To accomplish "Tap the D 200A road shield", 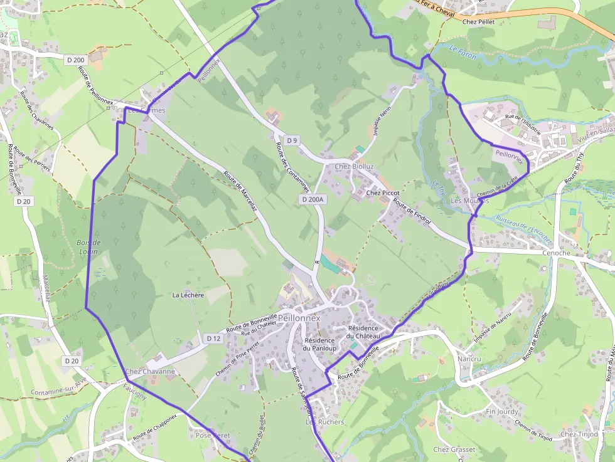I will (x=312, y=199).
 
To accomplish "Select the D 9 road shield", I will (x=291, y=140).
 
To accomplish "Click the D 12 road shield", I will (x=213, y=339).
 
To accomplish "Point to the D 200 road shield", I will (x=75, y=60).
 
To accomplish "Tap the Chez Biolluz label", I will (x=355, y=166).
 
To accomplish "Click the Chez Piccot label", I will (x=383, y=193).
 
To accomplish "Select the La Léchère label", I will (x=188, y=295).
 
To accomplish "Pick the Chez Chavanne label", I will (x=150, y=371).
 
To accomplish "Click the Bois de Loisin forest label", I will (x=89, y=246).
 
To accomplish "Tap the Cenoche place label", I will (x=556, y=253).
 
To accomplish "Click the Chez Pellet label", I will (x=478, y=22).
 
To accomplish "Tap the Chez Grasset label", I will (x=454, y=449).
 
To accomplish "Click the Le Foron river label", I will (x=463, y=51).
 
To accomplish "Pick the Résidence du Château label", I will (x=363, y=332).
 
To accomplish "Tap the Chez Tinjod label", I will (x=579, y=434).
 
